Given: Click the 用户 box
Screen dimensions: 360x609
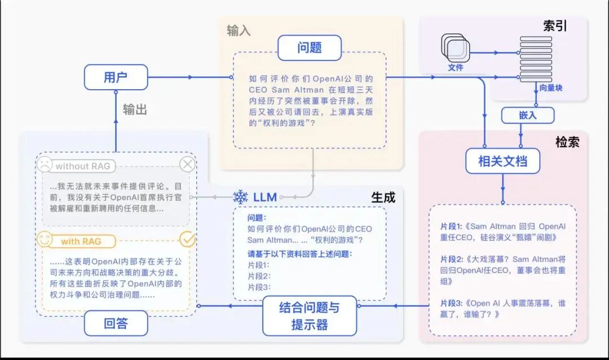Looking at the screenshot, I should pos(116,77).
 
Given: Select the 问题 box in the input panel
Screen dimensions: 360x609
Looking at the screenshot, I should pos(309,48).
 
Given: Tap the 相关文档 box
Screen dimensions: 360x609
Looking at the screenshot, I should pos(502,161).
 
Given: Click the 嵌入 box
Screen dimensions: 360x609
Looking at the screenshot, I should pos(528,115).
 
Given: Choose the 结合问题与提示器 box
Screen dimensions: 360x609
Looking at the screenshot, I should pos(310,316).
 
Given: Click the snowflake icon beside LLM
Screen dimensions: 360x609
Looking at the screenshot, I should pos(241,197).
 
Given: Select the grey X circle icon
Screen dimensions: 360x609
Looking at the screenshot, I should pos(187,165).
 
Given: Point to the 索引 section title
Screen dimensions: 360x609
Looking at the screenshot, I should pos(555,26).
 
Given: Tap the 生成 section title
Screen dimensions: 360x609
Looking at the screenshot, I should pos(383,197).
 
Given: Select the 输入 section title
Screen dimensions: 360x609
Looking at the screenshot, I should pos(239,30).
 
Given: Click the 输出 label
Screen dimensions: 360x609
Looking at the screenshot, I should pos(135,109).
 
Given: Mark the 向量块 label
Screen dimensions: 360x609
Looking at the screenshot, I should pos(550,88).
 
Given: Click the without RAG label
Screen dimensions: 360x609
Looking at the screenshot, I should pos(82,166).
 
